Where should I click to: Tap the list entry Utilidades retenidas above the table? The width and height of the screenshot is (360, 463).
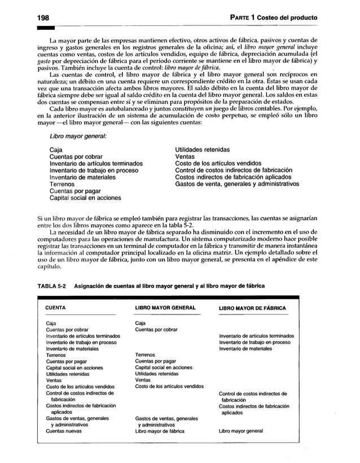pyautogui.click(x=202, y=150)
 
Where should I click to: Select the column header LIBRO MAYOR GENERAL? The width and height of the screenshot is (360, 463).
pyautogui.click(x=165, y=308)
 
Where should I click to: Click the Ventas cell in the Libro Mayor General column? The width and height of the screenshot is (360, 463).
pyautogui.click(x=145, y=380)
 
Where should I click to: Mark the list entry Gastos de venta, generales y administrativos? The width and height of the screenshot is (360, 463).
pyautogui.click(x=237, y=184)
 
